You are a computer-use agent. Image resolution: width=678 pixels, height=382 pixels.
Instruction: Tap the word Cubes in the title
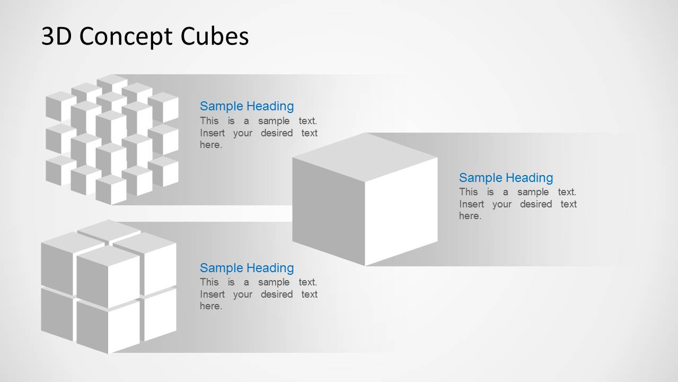(215, 37)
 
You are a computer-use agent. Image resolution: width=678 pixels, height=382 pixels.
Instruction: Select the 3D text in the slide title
(55, 37)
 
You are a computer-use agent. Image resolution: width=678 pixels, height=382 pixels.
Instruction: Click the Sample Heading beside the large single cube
(506, 178)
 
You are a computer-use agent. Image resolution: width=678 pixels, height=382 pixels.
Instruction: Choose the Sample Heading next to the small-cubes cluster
(246, 106)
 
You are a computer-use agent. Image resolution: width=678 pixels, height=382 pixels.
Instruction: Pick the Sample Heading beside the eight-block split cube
(246, 268)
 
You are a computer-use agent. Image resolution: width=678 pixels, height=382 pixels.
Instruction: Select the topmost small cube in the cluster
(112, 84)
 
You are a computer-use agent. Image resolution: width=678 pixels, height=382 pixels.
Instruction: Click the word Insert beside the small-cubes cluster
(212, 133)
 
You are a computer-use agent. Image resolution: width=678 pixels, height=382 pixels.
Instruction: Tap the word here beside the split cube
(210, 306)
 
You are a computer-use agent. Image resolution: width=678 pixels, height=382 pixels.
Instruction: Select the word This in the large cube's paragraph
(468, 192)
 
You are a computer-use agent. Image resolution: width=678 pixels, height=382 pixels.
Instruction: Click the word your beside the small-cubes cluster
(242, 133)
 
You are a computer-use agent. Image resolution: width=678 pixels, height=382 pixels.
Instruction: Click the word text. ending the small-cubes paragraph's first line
(307, 121)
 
